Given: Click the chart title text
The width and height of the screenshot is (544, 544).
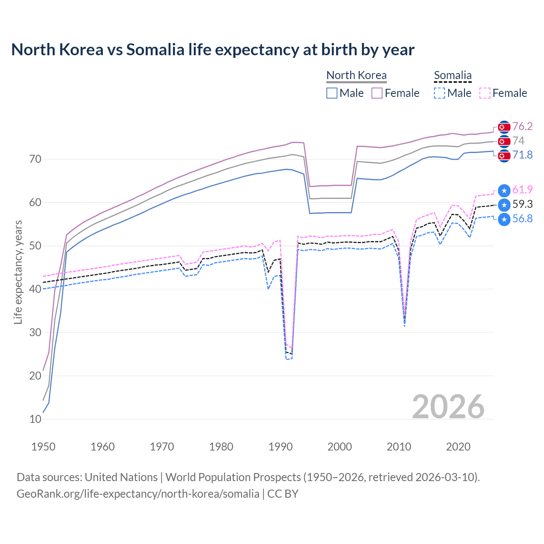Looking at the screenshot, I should [212, 50].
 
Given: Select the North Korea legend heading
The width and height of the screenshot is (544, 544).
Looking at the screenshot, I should [356, 75].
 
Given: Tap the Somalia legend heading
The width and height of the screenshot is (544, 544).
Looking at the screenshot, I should [453, 75].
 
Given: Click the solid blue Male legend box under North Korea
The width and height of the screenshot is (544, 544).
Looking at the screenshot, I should [332, 93].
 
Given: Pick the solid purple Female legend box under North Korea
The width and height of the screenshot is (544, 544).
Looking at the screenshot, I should [377, 93].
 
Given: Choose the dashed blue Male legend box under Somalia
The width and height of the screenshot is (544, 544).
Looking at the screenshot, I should [439, 93].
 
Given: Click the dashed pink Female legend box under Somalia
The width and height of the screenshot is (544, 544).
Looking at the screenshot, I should [485, 93].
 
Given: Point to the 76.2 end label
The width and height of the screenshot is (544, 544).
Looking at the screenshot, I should [522, 126].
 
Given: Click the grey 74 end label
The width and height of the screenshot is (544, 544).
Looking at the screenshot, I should [518, 141].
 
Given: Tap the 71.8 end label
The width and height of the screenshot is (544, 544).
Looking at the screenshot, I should [522, 155].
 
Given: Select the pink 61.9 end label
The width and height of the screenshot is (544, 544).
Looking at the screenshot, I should [522, 190].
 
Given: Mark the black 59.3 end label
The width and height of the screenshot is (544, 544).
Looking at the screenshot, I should [522, 204].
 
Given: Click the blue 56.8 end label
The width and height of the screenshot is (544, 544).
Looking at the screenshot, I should [522, 218].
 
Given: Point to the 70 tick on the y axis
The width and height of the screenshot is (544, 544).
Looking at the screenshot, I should [35, 159].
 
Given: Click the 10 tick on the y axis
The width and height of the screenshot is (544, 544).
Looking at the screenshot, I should [35, 419].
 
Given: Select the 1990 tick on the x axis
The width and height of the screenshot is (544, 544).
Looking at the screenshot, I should [280, 447].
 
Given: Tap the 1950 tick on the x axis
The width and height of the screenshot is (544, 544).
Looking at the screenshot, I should [43, 447].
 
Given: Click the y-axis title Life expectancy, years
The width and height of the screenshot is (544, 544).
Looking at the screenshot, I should [18, 272].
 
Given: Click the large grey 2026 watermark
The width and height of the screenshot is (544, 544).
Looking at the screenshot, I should [448, 407].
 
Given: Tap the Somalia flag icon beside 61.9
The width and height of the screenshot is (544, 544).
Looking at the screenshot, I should [504, 191].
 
